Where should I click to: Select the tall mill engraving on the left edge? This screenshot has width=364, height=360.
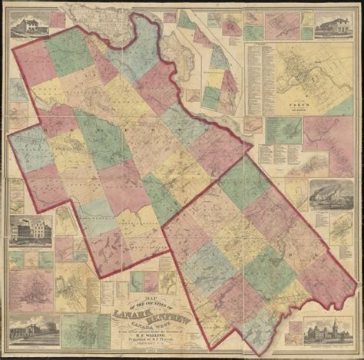[x=31, y=230]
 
